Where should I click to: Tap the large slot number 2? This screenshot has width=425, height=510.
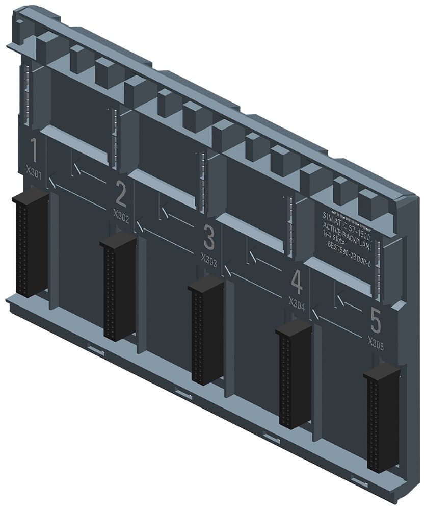(x=121, y=193)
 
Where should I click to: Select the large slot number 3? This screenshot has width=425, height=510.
(x=209, y=237)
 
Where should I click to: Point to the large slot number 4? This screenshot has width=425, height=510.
(x=297, y=282)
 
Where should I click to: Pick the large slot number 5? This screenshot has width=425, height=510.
(x=376, y=321)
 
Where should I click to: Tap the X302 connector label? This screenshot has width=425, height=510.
(x=121, y=213)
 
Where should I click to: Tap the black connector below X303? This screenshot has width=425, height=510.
(x=206, y=331)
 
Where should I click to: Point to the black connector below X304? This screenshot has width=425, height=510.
(x=294, y=376)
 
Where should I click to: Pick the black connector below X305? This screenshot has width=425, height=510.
(x=382, y=420)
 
